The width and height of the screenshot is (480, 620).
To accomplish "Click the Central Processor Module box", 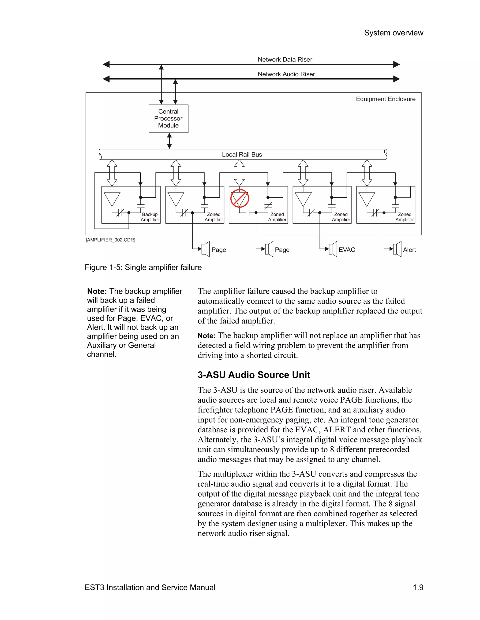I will tap(168, 118).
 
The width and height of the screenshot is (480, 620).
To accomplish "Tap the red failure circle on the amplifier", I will tap(240, 198).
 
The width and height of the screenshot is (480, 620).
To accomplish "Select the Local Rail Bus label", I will tap(242, 154).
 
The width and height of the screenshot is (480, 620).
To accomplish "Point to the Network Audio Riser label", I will tap(286, 74).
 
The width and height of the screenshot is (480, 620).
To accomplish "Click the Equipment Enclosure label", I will tap(385, 99).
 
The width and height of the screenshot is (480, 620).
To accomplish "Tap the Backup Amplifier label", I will tap(150, 217).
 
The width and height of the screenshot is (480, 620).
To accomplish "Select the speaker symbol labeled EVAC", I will tap(333, 249).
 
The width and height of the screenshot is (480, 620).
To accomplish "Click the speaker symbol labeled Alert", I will tap(397, 249).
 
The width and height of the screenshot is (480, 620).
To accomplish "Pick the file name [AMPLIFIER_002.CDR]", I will tap(110, 240).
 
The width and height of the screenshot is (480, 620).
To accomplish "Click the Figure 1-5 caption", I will tap(143, 267).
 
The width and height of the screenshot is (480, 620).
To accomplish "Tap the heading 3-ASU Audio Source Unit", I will tap(254, 375).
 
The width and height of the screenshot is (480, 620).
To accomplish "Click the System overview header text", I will tap(394, 33).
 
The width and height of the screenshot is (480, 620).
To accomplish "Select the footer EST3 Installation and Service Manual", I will tap(150, 587).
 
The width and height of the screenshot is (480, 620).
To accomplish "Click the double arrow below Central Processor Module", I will tap(169, 141).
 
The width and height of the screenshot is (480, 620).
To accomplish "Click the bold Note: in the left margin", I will tap(97, 291).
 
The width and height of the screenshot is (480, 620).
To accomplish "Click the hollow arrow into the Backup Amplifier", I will tap(112, 173).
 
